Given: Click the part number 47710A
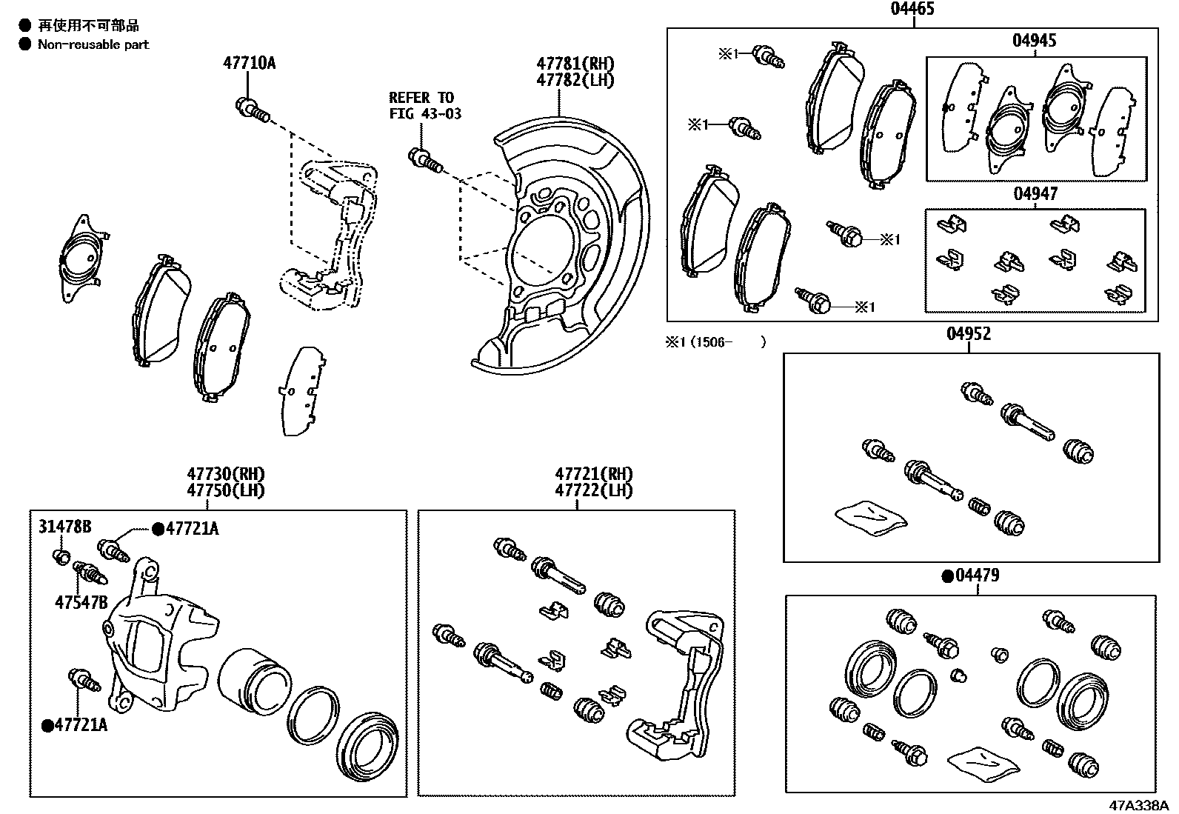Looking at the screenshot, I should coord(249,63).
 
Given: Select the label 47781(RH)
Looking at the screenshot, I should coord(575,64).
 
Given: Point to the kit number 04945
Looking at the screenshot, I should coord(1034,41).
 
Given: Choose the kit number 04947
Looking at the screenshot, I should coord(1035,194).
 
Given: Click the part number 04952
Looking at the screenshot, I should coord(968,334).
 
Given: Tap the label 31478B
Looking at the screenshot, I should coord(65,527).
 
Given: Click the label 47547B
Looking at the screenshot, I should coord(81,602).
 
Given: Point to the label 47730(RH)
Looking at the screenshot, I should coord(225,473).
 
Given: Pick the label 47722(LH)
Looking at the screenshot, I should coord(594,490).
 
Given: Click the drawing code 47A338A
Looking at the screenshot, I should coord(1138,805).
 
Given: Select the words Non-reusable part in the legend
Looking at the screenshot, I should coord(93,44).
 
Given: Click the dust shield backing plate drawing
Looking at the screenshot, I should coord(570,244).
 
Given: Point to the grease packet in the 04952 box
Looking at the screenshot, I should coord(869,516).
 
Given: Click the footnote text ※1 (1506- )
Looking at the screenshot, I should coord(715,341).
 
